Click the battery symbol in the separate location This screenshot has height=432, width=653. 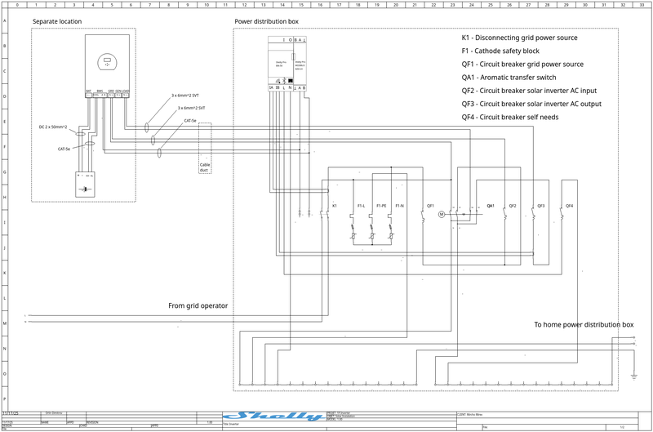point(84,189)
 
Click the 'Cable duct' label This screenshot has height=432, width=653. point(205,167)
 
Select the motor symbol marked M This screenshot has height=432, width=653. point(440,214)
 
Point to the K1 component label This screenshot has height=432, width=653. point(335,205)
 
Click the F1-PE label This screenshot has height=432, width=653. point(381,205)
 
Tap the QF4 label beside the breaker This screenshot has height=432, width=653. point(570,205)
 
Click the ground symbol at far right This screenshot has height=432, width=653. point(633,375)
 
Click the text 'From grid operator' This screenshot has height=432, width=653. point(198,306)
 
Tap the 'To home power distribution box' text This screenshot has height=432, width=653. point(584,324)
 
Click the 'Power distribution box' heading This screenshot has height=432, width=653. point(267,20)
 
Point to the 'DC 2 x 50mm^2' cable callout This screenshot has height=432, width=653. point(53,127)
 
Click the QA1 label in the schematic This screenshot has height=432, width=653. point(491,205)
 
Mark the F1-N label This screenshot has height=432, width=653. point(400,205)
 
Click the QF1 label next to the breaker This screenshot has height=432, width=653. point(431,205)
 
